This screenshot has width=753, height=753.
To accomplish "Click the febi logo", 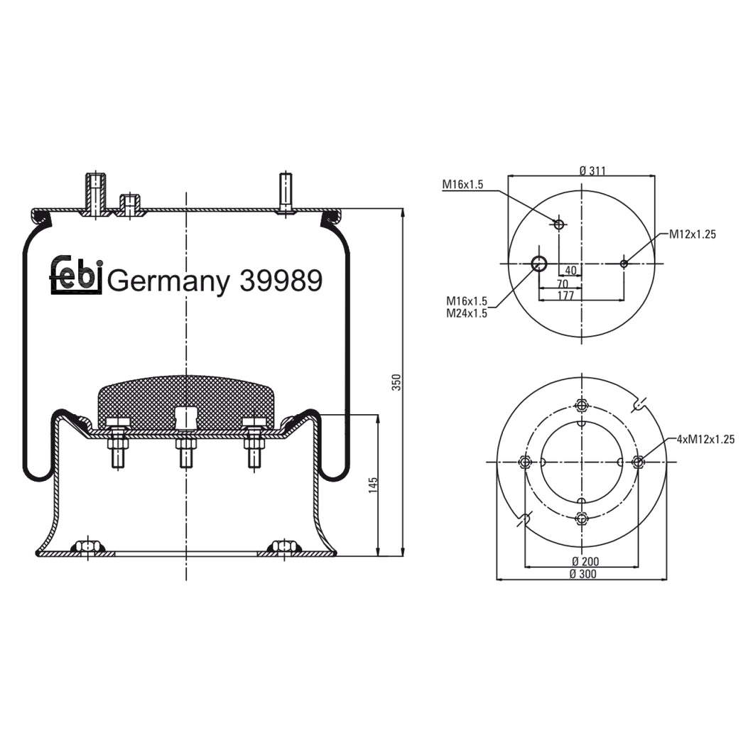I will click(76, 275).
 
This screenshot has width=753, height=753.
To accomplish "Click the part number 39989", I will click(281, 281).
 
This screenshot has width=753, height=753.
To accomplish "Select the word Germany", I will click(169, 282).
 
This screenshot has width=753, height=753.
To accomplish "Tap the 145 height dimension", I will click(373, 485).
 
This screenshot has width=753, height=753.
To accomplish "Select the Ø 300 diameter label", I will click(583, 574).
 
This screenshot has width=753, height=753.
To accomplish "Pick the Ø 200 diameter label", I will click(584, 561).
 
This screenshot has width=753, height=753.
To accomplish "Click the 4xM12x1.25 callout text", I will click(705, 440).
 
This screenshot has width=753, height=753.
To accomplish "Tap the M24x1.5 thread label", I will click(466, 313).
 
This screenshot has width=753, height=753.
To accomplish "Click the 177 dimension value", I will click(565, 296).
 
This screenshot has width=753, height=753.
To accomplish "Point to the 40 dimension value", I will click(570, 270).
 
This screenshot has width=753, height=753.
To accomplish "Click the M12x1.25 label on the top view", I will click(692, 234).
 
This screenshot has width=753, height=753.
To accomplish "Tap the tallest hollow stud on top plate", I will click(95, 193).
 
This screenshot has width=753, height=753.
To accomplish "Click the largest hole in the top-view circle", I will click(539, 264).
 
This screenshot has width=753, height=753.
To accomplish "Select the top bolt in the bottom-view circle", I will click(582, 406).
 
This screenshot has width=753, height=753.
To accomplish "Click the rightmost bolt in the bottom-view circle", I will click(638, 462).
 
